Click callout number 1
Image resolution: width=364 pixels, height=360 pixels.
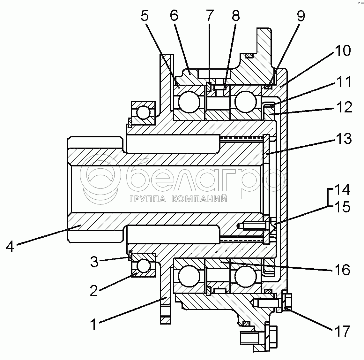(94, 324)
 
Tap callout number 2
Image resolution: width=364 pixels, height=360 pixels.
(94, 290)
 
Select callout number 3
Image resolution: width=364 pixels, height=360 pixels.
(94, 262)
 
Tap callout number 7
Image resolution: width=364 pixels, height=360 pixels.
(210, 15)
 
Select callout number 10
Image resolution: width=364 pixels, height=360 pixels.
(343, 50)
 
